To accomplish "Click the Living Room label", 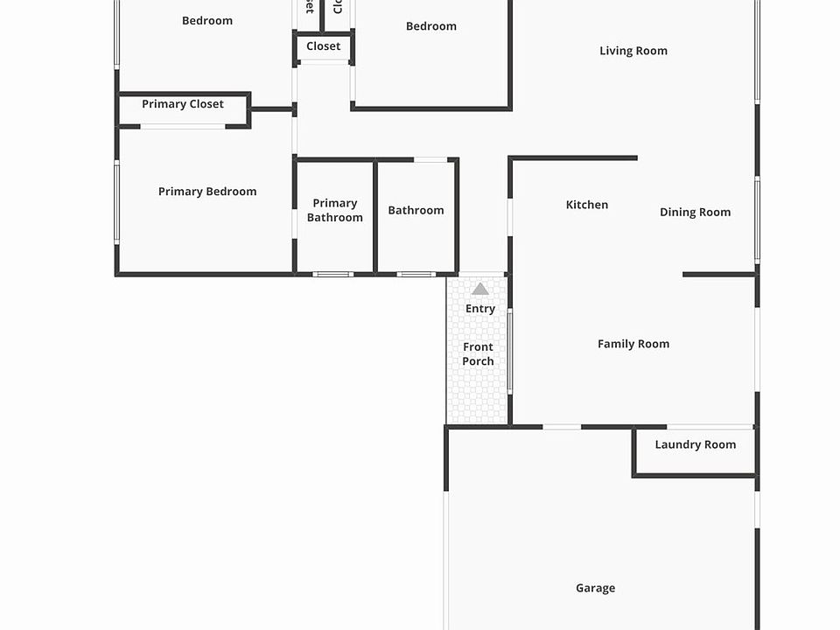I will (x=633, y=51).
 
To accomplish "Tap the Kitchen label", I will (x=587, y=205).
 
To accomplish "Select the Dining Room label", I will (x=695, y=212).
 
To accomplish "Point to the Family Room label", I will (x=633, y=344).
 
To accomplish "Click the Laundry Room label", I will (x=696, y=444).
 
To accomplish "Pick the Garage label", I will (x=595, y=588).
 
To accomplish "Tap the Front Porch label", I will (x=478, y=354).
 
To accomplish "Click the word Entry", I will (x=480, y=309).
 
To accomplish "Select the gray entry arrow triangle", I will (x=480, y=289).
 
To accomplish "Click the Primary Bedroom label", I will (x=207, y=192).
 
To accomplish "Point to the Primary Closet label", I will (x=183, y=104).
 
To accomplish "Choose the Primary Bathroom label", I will (x=335, y=210).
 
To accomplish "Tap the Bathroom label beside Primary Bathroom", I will (x=416, y=210).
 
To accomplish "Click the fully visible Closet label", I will (x=324, y=46).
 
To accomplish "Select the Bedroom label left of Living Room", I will (x=431, y=26).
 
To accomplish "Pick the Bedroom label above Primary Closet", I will (x=207, y=21).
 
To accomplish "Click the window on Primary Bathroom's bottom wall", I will (x=333, y=275).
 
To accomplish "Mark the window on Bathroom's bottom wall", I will (x=416, y=275).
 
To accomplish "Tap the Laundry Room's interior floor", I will (x=696, y=462).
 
